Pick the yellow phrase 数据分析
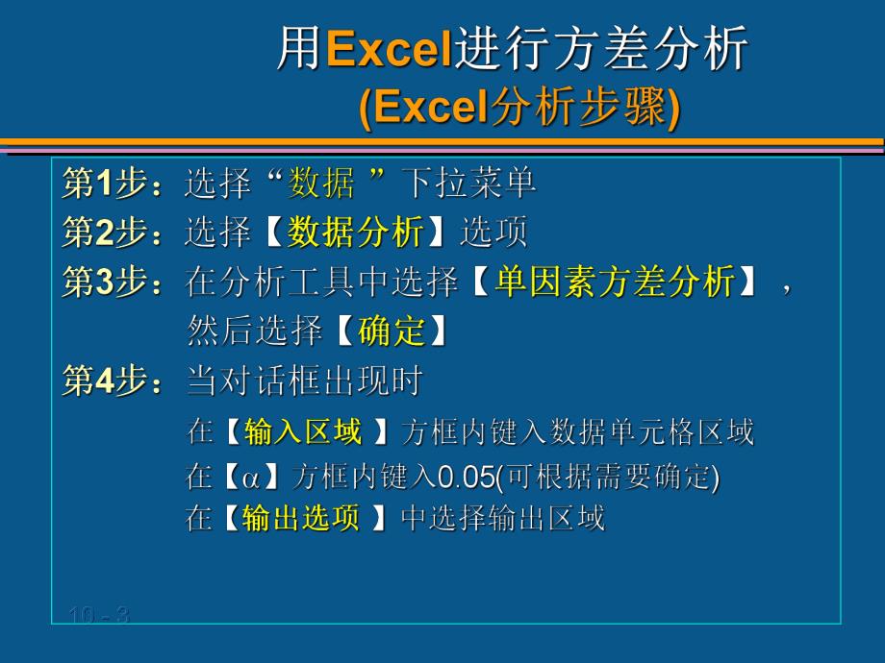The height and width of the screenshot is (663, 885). pos(355,233)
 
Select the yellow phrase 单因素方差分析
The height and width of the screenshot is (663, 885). pos(615,282)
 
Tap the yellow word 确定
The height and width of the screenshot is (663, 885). pos(391,331)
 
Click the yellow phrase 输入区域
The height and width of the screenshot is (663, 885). pos(303,432)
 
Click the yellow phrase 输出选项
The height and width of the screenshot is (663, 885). pos(301,519)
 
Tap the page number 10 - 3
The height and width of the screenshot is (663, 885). pos(99,615)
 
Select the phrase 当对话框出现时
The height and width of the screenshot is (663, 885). pos(304,381)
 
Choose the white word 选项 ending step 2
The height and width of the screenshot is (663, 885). pos(493,233)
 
